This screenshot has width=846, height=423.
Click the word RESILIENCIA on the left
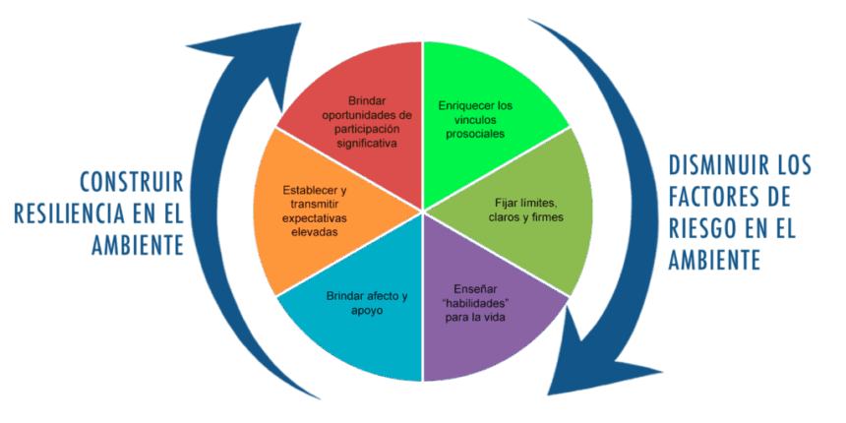coord(68,213)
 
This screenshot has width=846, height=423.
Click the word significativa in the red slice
coord(365,143)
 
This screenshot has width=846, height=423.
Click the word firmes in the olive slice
coord(546,216)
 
